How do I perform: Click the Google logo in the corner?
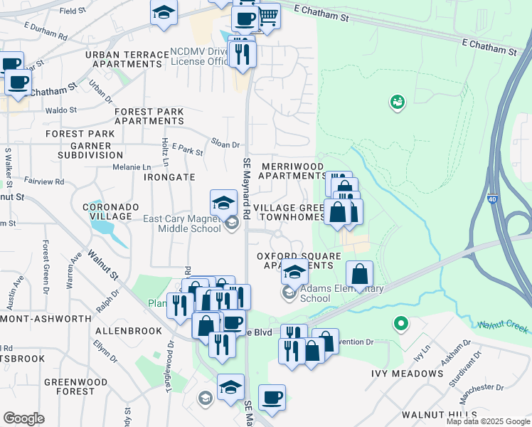click(x=23, y=418)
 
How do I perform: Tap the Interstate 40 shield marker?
click(x=493, y=200)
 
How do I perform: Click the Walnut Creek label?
click(x=503, y=325)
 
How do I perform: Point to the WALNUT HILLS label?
click(x=432, y=414)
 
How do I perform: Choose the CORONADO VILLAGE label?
click(x=110, y=211)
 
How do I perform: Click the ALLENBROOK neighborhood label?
click(x=124, y=331)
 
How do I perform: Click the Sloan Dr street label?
click(x=225, y=144)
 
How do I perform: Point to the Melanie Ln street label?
click(x=132, y=167)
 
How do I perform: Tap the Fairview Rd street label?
click(x=44, y=181)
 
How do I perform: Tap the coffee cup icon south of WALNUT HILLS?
click(x=271, y=398)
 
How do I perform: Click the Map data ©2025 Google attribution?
click(x=488, y=421)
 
